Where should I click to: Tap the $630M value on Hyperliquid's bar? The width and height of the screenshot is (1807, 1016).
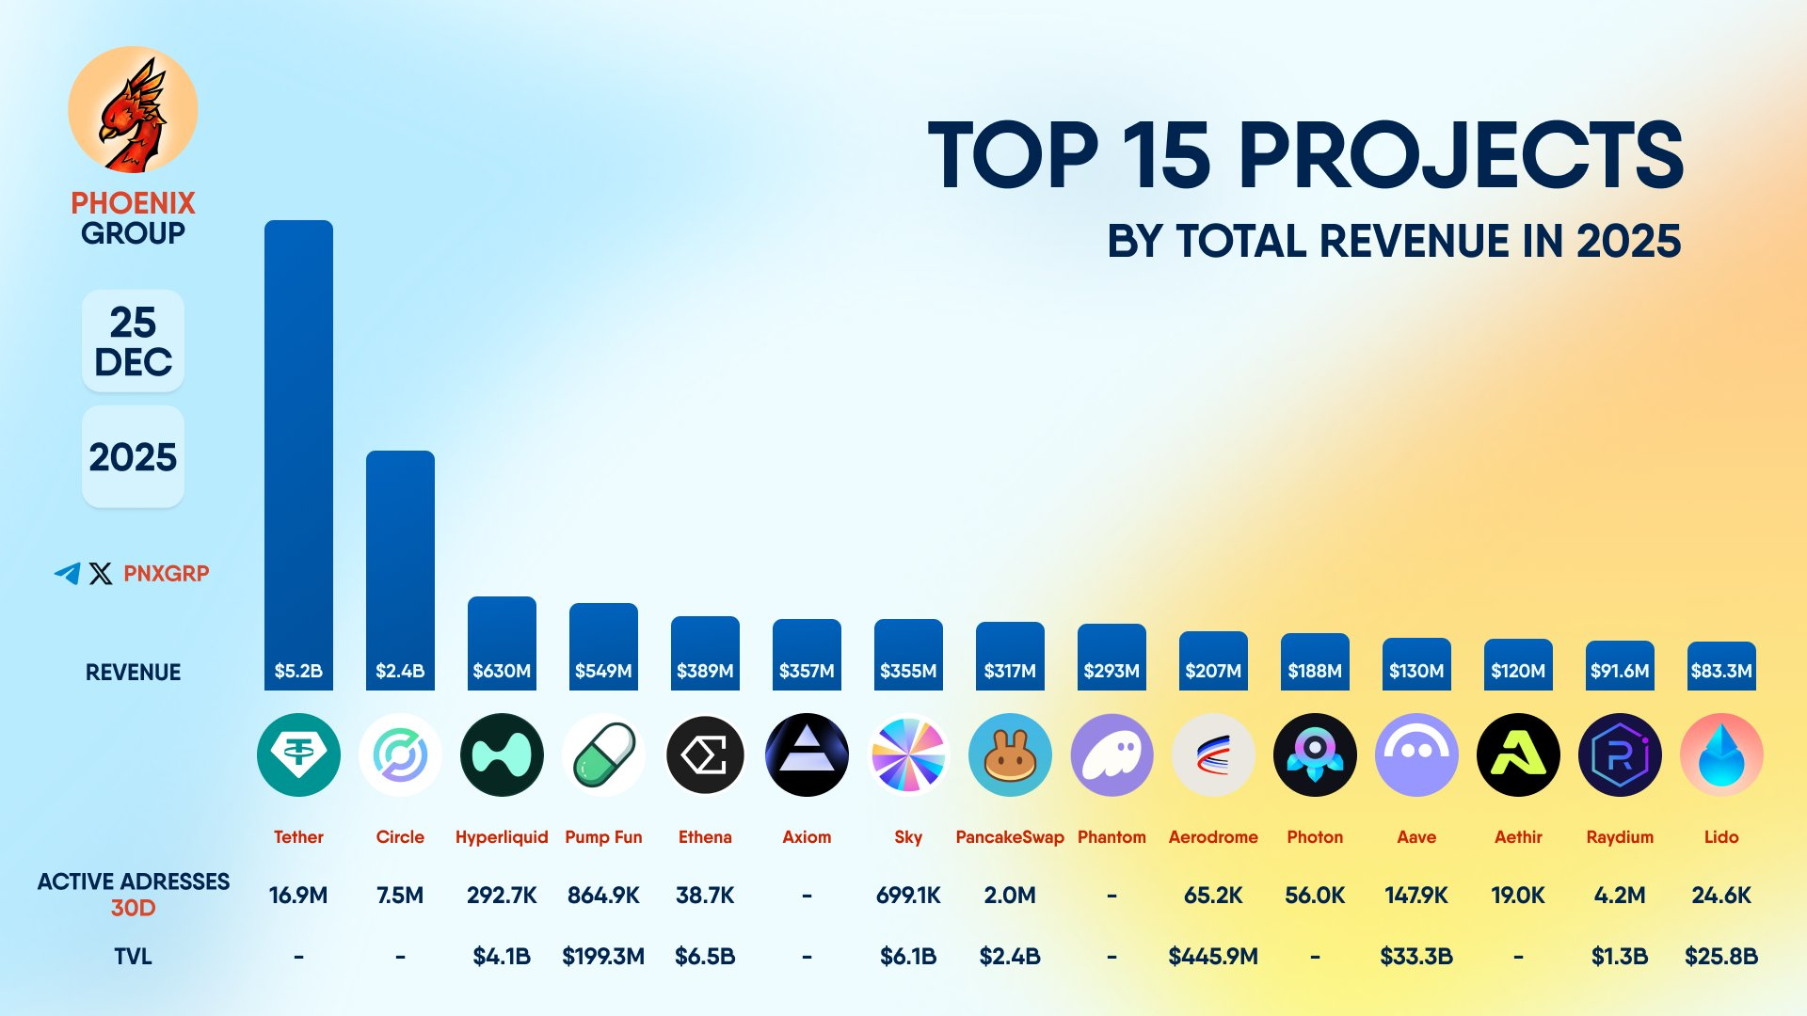502,671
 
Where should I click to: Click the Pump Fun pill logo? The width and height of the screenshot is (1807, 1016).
603,754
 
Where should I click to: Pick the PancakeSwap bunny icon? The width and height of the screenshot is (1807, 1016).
1010,754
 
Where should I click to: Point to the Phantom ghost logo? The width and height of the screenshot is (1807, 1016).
1111,754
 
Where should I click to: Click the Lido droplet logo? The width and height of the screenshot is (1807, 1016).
1721,754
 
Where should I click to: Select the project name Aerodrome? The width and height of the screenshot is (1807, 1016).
1213,836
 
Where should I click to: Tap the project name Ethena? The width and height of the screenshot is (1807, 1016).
705,836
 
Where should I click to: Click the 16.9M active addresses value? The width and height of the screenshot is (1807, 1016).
298,896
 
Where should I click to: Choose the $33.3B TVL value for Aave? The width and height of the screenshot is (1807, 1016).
1416,957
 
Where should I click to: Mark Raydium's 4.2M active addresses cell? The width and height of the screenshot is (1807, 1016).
1620,896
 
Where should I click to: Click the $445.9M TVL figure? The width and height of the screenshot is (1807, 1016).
1213,957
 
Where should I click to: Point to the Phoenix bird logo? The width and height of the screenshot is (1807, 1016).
133,111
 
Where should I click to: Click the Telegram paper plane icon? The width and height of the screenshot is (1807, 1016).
67,573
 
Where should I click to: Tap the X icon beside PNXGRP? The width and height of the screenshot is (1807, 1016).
101,573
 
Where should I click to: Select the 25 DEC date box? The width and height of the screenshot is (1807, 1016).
133,341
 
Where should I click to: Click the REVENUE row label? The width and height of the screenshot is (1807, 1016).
133,673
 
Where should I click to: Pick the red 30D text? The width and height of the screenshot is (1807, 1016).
133,908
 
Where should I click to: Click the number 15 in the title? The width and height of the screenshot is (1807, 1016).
1166,155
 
